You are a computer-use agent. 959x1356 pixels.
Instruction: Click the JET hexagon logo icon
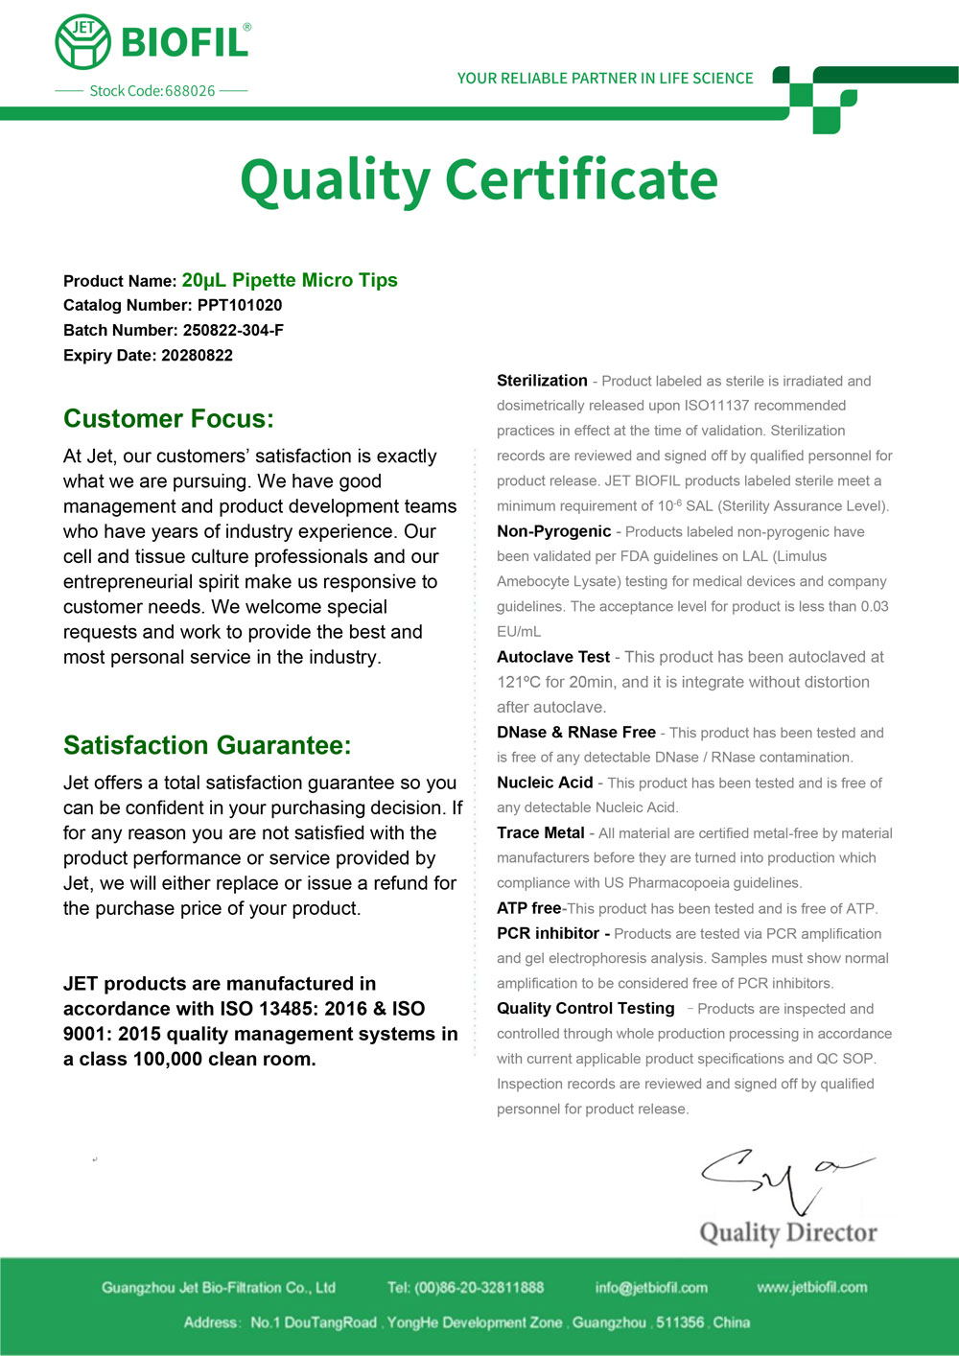point(83,42)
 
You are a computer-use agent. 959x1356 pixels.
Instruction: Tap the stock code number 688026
point(190,91)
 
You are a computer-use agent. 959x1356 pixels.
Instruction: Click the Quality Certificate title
point(479,179)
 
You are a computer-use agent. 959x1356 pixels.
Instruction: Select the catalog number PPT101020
point(240,306)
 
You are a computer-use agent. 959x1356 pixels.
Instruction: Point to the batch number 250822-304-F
point(233,331)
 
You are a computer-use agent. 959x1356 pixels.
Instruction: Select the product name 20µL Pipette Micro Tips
point(290,281)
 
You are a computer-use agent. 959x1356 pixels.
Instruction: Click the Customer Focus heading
point(169,419)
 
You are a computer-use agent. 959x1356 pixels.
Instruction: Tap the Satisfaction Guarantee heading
point(207,745)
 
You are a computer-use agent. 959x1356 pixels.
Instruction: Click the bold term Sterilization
point(542,381)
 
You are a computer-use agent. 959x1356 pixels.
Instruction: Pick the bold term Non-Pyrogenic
point(553,531)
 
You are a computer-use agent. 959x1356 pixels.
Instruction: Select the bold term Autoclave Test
point(553,657)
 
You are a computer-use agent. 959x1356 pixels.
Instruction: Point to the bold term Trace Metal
point(541,832)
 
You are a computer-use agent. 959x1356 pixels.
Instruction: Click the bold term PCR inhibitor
point(548,933)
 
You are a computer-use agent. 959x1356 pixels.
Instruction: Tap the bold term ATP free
point(528,908)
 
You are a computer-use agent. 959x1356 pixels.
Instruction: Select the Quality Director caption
point(788,1232)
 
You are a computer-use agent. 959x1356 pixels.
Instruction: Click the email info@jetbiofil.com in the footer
point(651,1288)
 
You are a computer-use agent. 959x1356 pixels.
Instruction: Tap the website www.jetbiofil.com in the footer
point(811,1287)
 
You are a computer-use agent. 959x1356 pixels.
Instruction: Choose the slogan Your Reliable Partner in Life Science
point(605,79)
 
